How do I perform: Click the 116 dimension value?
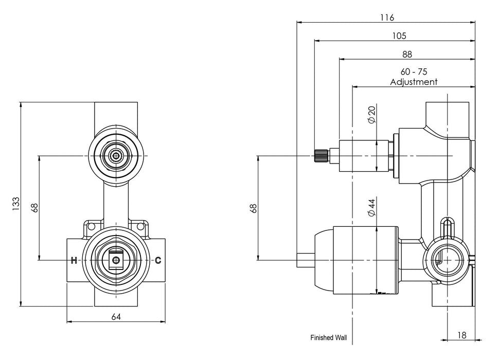click(x=387, y=17)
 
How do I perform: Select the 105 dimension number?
click(x=399, y=36)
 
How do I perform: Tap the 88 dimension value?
click(x=407, y=55)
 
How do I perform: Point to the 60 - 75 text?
click(x=414, y=71)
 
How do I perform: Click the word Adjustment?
click(x=414, y=82)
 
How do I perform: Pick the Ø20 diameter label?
click(x=371, y=115)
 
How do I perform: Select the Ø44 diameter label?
click(x=371, y=207)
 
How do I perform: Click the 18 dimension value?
click(x=461, y=335)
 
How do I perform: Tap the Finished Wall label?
click(x=329, y=337)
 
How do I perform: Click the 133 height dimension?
click(x=16, y=204)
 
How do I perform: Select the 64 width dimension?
click(x=116, y=317)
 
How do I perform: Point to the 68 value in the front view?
click(x=34, y=208)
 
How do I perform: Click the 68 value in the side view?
click(x=253, y=208)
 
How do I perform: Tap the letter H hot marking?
click(x=74, y=260)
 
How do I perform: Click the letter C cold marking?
click(x=158, y=260)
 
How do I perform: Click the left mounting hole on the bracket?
click(x=92, y=226)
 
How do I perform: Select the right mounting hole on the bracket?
click(x=140, y=226)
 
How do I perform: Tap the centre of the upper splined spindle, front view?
click(x=116, y=156)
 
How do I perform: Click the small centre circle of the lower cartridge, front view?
click(x=116, y=260)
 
